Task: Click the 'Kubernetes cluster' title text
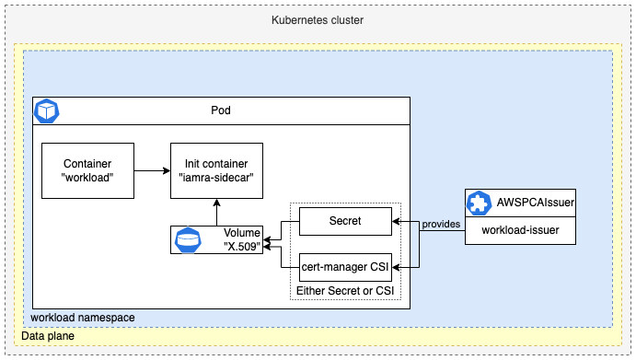click(x=318, y=20)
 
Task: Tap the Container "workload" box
click(x=88, y=170)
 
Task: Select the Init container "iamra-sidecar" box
click(x=216, y=170)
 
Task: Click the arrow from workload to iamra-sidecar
click(x=152, y=170)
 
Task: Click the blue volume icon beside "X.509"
click(x=188, y=240)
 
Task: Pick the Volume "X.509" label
click(x=242, y=238)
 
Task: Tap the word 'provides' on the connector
click(x=439, y=226)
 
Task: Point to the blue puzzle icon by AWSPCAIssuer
click(x=480, y=203)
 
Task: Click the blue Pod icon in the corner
click(x=45, y=111)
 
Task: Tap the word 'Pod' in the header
click(x=221, y=110)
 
